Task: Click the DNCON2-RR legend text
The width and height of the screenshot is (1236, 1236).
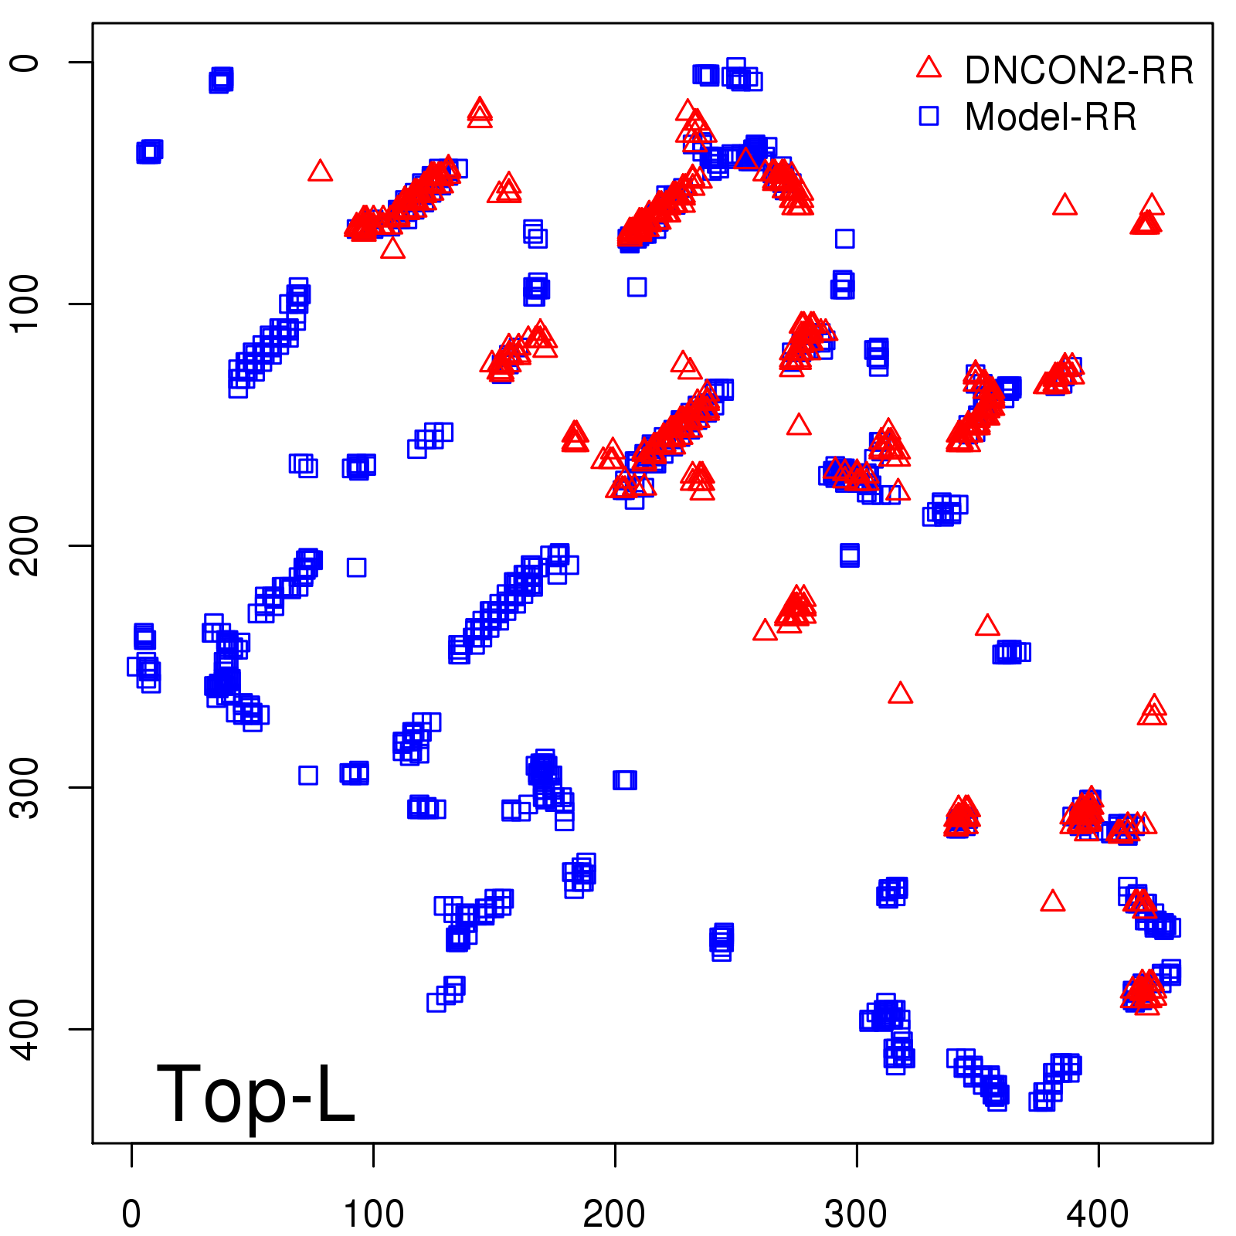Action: click(x=1078, y=70)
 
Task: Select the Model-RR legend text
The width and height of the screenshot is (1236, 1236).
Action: click(x=1051, y=117)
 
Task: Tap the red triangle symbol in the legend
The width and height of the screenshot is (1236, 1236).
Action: click(x=929, y=67)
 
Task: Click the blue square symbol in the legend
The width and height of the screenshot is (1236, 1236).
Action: click(x=929, y=116)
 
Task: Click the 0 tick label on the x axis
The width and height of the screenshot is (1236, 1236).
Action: click(x=132, y=1214)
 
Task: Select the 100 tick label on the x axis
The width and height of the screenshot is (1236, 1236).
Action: click(x=373, y=1214)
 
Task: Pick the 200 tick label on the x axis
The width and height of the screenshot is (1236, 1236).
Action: click(x=615, y=1214)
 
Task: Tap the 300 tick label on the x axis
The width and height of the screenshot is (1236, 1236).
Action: click(x=856, y=1214)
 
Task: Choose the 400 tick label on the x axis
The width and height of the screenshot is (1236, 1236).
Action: click(x=1098, y=1214)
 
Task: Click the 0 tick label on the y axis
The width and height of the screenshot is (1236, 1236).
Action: click(x=25, y=62)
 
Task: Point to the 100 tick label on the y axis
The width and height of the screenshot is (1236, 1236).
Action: click(x=25, y=304)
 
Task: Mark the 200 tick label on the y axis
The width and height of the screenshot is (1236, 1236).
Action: click(x=25, y=545)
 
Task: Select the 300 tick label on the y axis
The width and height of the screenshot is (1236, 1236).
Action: click(x=25, y=787)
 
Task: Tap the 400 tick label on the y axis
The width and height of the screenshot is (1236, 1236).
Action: click(x=25, y=1029)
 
